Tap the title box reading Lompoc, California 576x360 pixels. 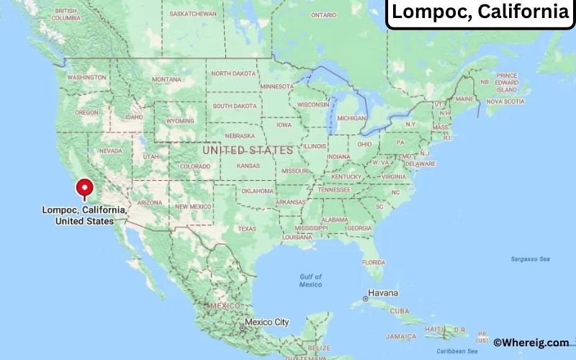tap(480, 12)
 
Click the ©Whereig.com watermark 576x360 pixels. tap(531, 343)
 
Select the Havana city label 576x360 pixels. tap(383, 294)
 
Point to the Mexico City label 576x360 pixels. tap(266, 322)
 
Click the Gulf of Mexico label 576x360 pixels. tap(310, 280)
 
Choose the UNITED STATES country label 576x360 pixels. tap(248, 150)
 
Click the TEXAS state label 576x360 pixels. tap(246, 229)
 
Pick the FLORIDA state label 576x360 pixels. tap(373, 261)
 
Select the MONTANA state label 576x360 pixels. tap(166, 79)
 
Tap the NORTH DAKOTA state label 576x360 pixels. tap(233, 73)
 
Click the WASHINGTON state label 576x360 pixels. tap(86, 77)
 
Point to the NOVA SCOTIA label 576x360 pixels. tap(505, 102)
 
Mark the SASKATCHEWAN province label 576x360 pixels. tap(193, 14)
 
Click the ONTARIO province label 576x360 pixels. tap(323, 14)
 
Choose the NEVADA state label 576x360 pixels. tap(110, 150)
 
